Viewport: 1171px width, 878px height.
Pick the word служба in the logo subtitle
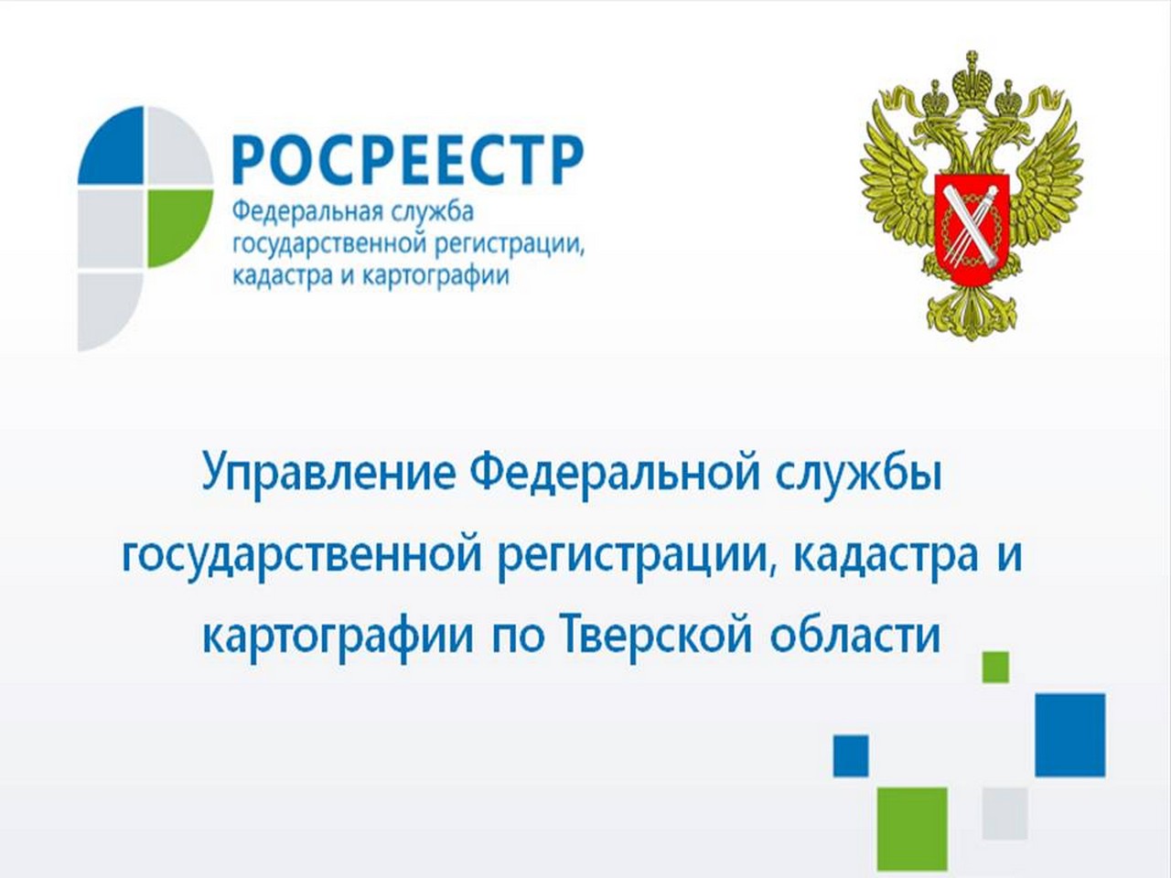[x=433, y=211]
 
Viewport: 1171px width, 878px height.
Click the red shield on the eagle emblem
[x=972, y=224]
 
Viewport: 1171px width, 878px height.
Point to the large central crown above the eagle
[x=972, y=80]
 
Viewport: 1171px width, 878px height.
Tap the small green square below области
[x=995, y=667]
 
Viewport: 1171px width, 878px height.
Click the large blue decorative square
[x=1070, y=735]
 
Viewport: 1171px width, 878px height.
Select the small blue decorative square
[x=851, y=755]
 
